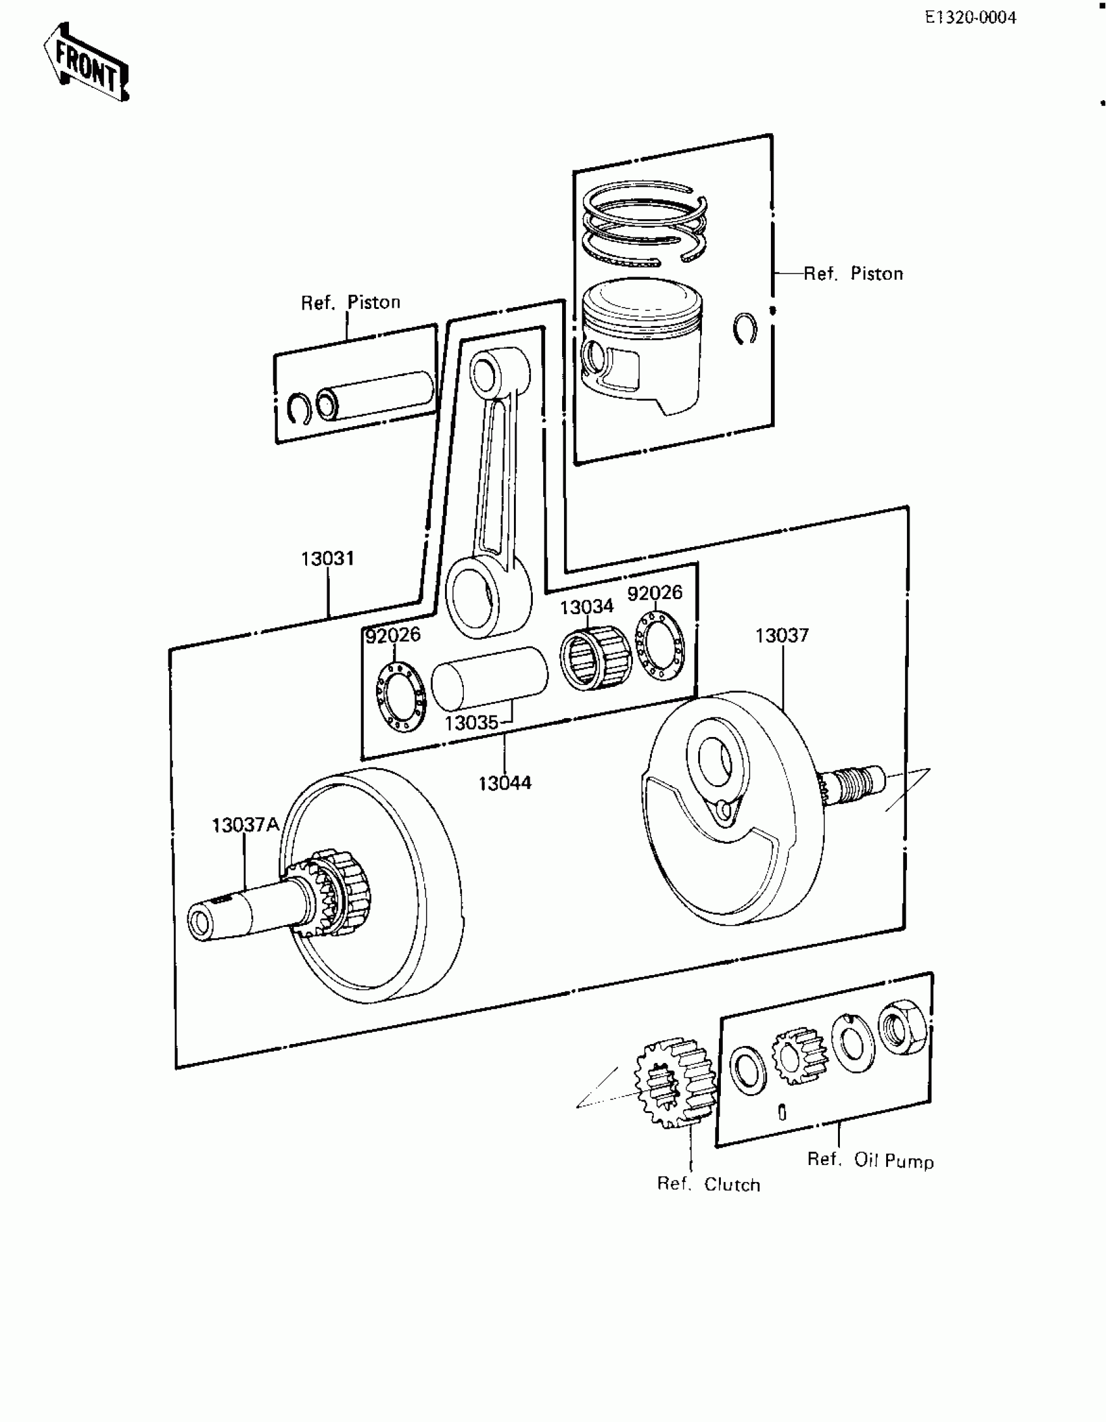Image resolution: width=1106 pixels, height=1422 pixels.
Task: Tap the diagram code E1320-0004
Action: point(970,18)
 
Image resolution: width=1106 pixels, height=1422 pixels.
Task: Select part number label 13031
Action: point(327,559)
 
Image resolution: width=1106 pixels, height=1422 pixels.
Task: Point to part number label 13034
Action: point(586,607)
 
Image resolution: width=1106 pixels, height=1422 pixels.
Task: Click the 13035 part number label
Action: point(472,723)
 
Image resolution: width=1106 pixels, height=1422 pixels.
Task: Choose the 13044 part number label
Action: point(505,783)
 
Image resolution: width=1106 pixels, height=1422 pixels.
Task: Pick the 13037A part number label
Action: point(245,825)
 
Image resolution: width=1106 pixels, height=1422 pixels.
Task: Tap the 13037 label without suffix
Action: point(781,636)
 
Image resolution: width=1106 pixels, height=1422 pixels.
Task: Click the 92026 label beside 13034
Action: point(654,593)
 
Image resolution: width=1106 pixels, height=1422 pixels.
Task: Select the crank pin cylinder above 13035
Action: point(490,678)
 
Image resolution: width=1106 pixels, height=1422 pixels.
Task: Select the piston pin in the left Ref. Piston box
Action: point(375,396)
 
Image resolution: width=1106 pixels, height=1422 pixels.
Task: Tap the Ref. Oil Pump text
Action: point(870,1160)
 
